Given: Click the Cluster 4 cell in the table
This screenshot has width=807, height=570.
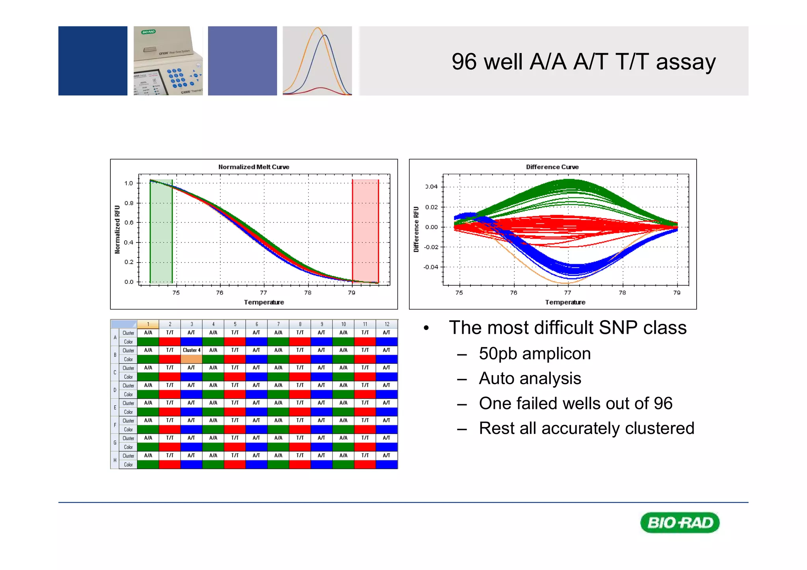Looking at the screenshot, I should coord(192,350).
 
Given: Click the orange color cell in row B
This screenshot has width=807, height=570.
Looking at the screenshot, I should coord(192,359).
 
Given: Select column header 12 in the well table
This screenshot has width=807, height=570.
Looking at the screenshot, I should coord(387,324).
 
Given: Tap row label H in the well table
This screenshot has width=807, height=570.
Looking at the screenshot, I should coord(115,460).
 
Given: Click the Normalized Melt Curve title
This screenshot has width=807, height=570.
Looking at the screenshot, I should coord(254,167).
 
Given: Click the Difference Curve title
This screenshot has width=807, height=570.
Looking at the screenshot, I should coord(552,167).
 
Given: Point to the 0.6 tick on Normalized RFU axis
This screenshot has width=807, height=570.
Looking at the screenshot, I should coord(129,222).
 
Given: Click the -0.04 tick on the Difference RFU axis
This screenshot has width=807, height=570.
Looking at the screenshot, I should coord(431,267).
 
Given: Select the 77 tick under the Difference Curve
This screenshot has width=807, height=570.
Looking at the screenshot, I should coord(567,292).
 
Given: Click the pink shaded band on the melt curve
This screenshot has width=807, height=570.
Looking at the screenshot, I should coord(365,232).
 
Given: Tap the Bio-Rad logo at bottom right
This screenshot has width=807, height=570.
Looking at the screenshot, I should coord(680,523).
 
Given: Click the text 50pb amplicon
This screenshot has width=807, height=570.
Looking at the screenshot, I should coord(534,353).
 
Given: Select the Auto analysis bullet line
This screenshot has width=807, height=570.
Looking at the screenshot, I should coord(530,378).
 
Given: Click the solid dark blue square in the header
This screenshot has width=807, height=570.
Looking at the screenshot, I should coord(93,61).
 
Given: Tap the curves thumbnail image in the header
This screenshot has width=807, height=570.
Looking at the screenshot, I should coord(317,61).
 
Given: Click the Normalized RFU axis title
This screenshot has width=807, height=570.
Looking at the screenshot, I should coord(117,229).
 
